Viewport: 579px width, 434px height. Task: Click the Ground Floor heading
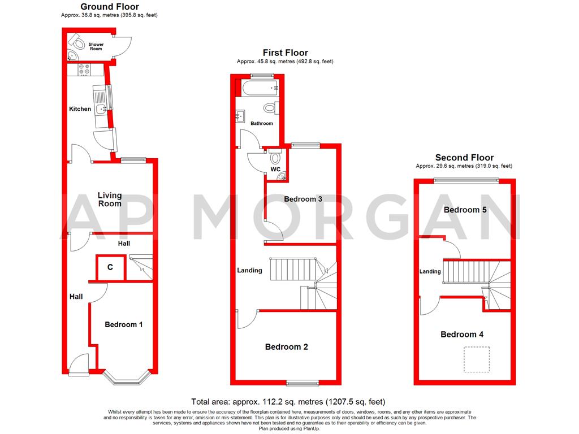110,7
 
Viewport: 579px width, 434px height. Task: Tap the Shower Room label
96,46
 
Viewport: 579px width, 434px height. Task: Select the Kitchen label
80,109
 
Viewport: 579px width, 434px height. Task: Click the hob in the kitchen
85,70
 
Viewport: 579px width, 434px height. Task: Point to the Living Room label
110,199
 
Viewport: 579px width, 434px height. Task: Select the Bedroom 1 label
123,324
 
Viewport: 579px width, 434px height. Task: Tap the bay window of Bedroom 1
126,380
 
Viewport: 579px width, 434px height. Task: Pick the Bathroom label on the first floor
262,123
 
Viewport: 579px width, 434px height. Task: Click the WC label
275,169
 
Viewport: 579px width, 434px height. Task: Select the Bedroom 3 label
303,199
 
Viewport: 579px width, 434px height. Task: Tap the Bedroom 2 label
286,347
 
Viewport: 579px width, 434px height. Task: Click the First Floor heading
285,53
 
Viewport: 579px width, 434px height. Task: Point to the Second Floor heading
464,158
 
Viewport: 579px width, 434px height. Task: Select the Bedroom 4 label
462,335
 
